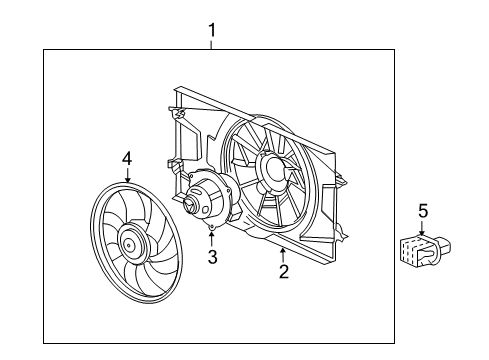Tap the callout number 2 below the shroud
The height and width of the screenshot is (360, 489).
coord(283,272)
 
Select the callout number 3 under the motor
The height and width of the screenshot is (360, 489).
coord(212,258)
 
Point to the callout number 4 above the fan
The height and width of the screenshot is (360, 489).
coord(127,158)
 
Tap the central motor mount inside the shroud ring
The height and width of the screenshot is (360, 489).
coord(271,171)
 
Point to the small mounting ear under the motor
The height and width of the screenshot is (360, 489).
coord(212,230)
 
